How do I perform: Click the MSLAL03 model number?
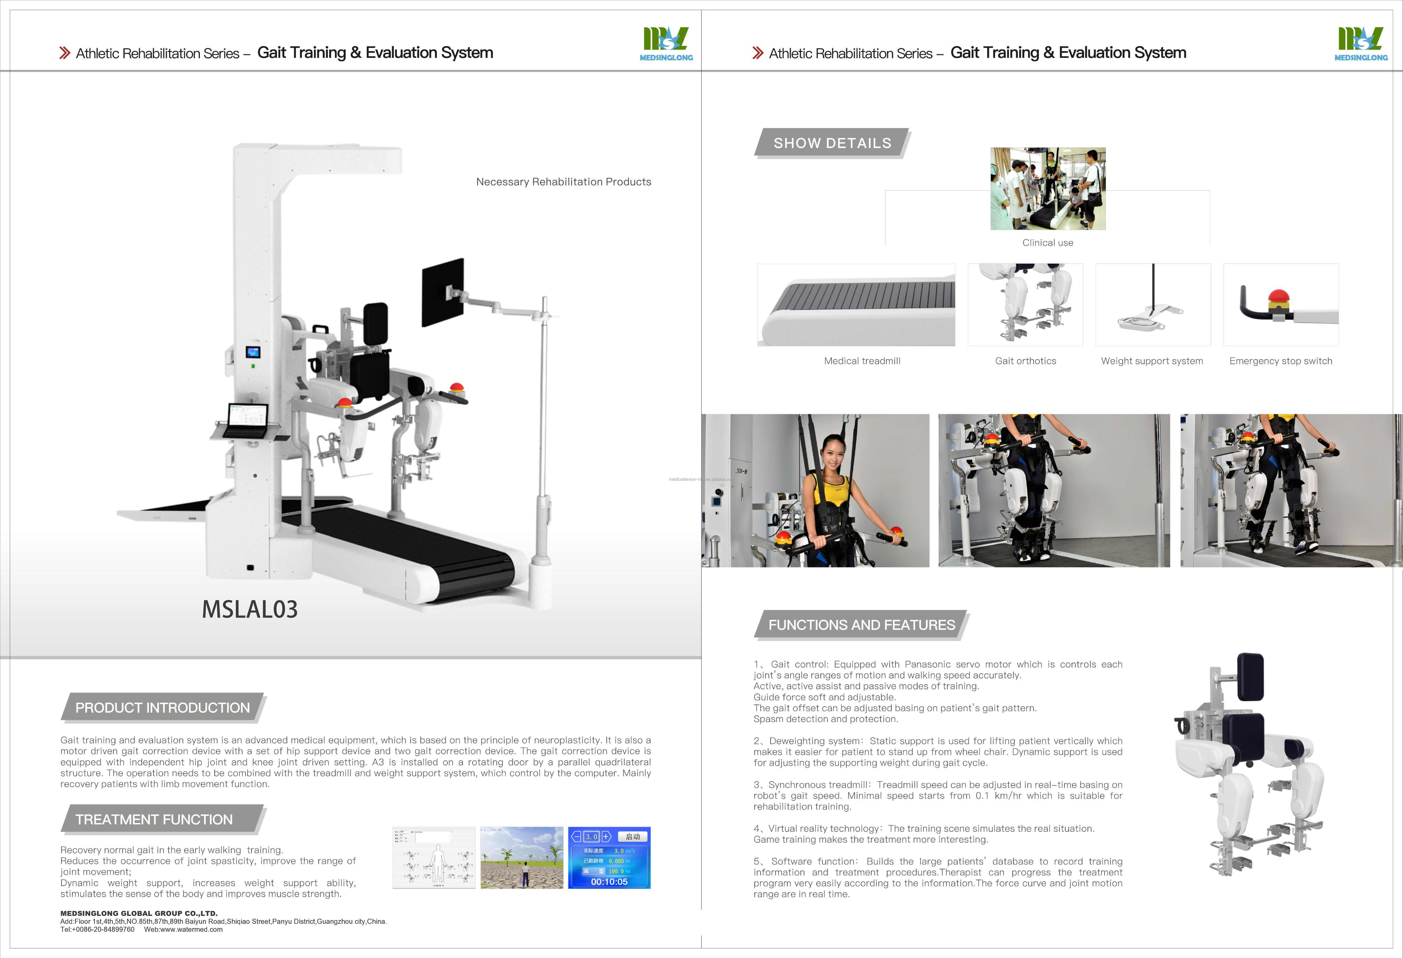tap(249, 609)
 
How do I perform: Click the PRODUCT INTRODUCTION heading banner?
tap(162, 707)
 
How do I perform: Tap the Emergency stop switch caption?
tap(1280, 361)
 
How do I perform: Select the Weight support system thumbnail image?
tap(1152, 305)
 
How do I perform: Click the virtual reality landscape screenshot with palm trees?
tap(522, 857)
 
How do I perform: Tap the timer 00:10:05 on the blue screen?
tap(609, 882)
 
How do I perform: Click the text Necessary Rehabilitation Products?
tap(563, 182)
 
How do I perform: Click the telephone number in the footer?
tap(97, 930)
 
